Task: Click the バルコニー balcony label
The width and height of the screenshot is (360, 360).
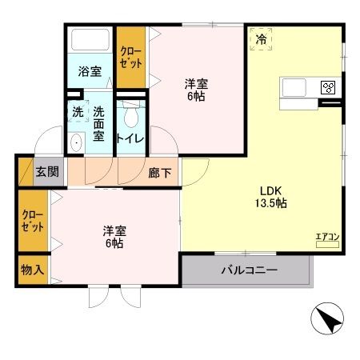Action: point(249,270)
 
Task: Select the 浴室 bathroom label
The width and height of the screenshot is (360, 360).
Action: point(90,72)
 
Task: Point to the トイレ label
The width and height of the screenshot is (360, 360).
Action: point(130,138)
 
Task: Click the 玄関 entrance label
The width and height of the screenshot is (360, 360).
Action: point(46,171)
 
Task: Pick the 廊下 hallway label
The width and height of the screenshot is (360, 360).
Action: point(159,171)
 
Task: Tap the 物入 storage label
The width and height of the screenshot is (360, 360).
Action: point(33,272)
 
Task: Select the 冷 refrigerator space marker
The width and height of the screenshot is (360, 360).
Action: point(261,38)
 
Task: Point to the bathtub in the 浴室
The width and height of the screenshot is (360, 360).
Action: point(90,42)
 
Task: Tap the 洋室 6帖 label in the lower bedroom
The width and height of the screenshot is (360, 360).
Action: point(113,237)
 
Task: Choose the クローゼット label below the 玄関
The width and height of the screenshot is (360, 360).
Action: point(33,222)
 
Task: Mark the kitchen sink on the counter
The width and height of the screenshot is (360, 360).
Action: point(292,87)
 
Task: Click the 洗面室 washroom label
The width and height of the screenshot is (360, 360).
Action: point(99,124)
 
